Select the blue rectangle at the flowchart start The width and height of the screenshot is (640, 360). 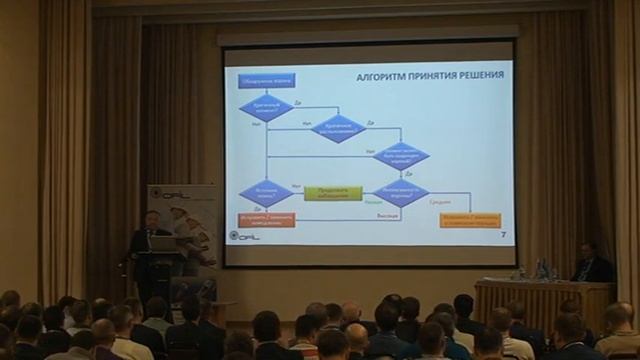click(266, 80)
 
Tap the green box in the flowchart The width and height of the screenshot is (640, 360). click(332, 192)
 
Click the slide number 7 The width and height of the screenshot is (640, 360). click(502, 234)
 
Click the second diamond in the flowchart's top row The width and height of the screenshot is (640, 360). click(338, 129)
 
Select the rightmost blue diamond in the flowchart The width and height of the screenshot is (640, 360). click(400, 156)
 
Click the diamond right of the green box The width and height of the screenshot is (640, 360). click(400, 192)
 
